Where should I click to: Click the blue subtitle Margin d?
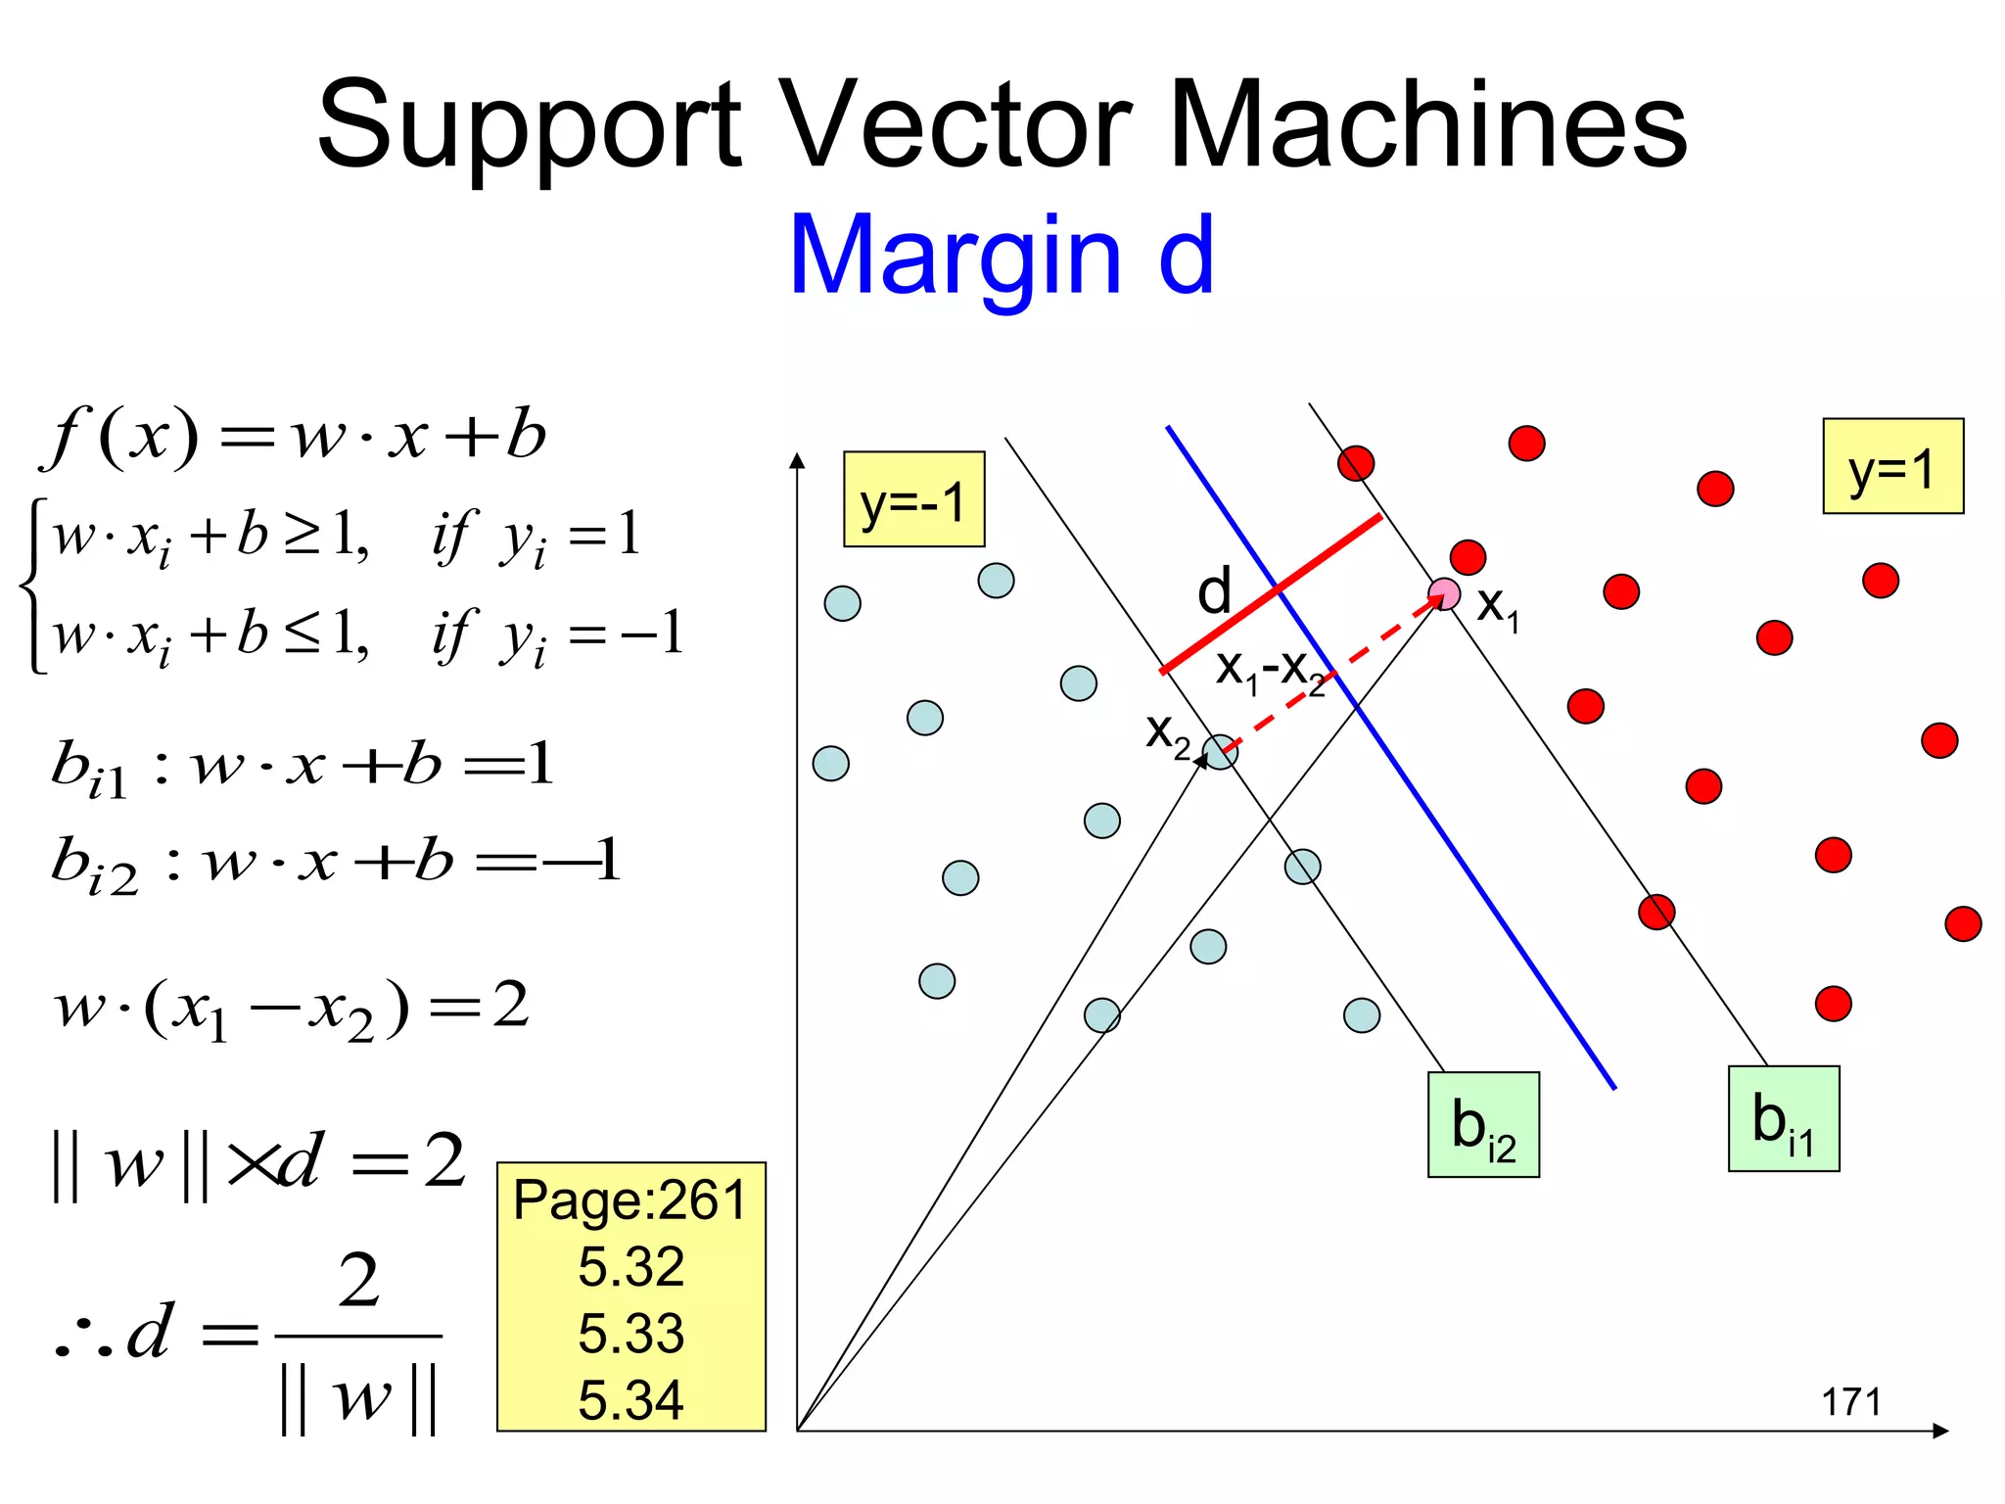(x=1002, y=256)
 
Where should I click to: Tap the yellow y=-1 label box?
(x=913, y=499)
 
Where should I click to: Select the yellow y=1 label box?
(x=1892, y=466)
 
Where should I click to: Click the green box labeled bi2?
(x=1483, y=1125)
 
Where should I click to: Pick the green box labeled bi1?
(x=1783, y=1119)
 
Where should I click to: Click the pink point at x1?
(x=1444, y=593)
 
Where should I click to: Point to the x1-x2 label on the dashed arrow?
(x=1270, y=671)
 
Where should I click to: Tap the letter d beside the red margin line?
(x=1214, y=591)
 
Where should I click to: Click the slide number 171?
(x=1850, y=1402)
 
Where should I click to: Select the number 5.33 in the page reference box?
(x=630, y=1334)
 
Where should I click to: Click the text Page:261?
(x=630, y=1200)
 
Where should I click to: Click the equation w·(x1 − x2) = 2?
(x=292, y=1008)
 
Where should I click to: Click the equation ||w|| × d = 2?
(x=259, y=1163)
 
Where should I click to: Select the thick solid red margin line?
(x=1270, y=593)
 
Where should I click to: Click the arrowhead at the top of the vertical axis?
(x=798, y=460)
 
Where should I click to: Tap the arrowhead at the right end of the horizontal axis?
(x=1940, y=1431)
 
